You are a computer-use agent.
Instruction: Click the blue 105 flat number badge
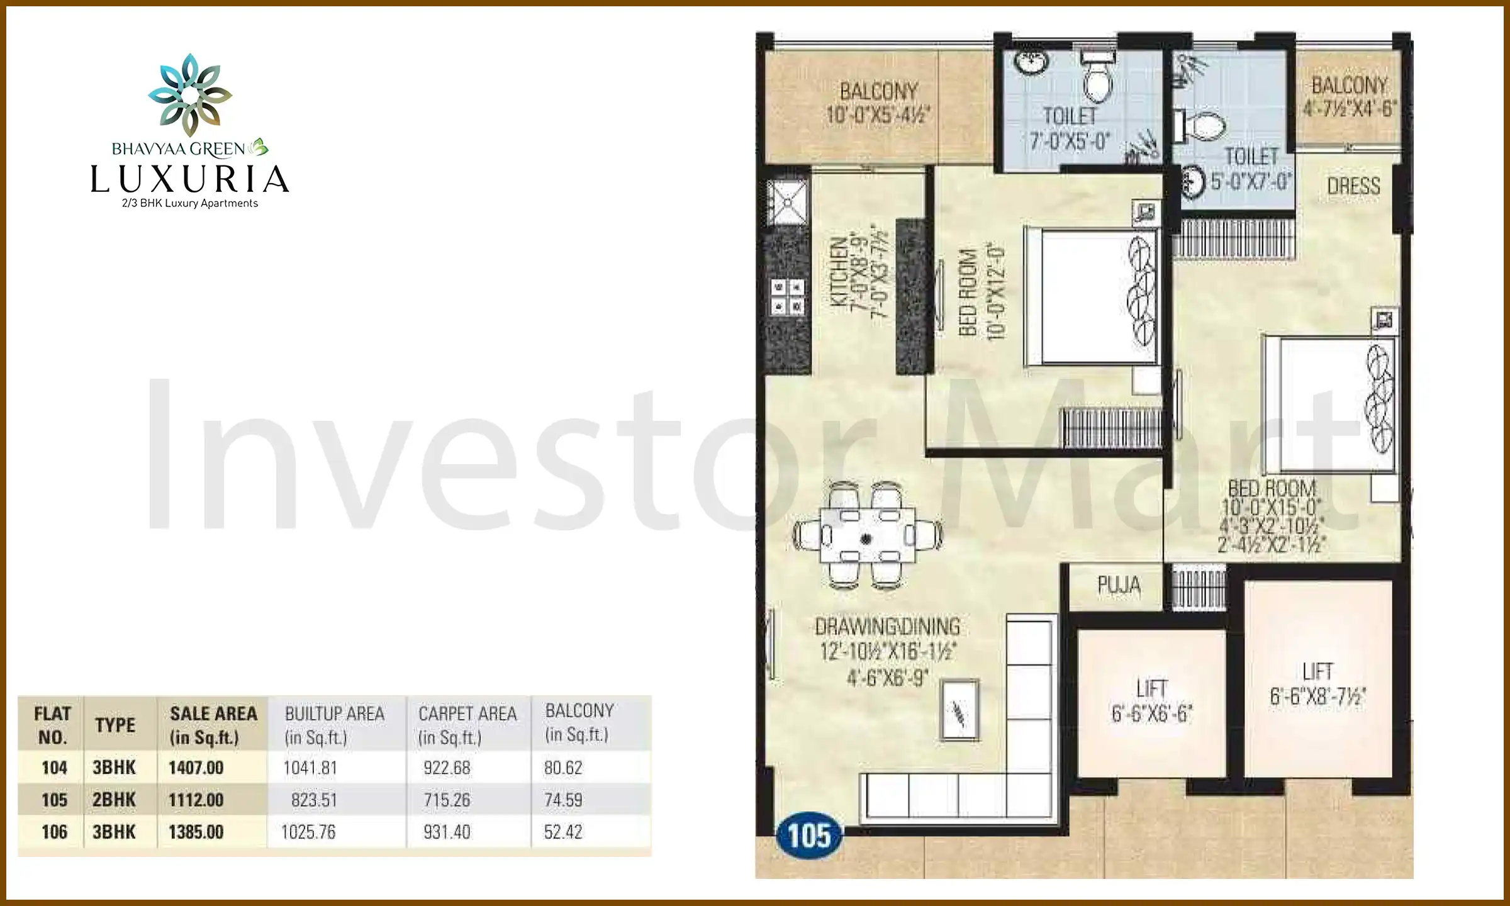coord(809,836)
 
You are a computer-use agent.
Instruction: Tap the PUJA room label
coord(1119,585)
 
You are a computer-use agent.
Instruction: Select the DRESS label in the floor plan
coord(1353,186)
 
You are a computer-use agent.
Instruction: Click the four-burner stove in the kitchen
coord(788,297)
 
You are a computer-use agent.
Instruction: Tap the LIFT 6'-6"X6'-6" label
coord(1151,701)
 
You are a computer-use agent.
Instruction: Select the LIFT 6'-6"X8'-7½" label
coord(1317,684)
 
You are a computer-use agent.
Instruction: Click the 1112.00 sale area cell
coord(196,800)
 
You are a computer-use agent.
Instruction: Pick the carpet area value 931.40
coord(447,832)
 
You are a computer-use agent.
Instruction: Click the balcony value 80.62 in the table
coord(563,768)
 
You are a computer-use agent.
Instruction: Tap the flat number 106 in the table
coord(54,832)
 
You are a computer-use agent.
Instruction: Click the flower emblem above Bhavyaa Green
coord(190,94)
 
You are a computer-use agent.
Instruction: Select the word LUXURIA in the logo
coord(189,179)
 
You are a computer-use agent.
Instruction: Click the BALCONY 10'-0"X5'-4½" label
coord(878,103)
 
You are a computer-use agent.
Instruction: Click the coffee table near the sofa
coord(959,710)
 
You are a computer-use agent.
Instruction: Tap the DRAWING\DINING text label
coord(887,627)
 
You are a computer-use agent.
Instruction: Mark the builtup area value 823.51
coord(314,800)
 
